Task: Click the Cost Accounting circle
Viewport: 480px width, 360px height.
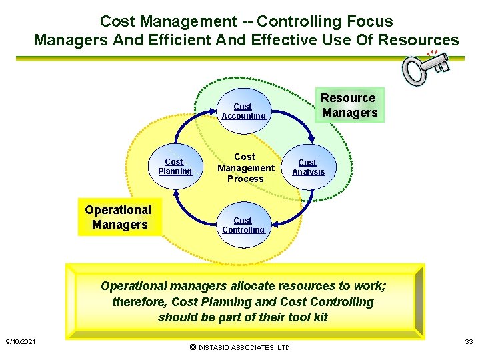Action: (243, 111)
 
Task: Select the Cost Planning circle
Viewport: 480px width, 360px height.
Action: (175, 166)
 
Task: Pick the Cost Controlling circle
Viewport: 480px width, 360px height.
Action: (243, 225)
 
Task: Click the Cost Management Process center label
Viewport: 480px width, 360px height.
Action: (245, 168)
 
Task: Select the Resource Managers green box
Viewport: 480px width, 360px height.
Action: (349, 105)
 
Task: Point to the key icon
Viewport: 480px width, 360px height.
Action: (424, 66)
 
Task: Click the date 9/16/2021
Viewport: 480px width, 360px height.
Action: (21, 342)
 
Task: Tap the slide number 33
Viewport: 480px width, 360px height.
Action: (469, 342)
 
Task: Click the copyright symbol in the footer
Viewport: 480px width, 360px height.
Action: (193, 347)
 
